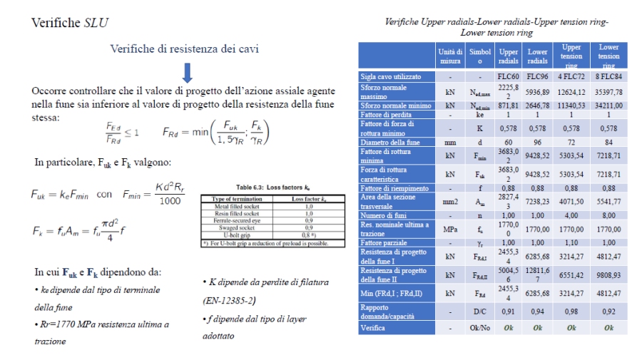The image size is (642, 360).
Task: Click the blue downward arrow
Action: [x=188, y=72]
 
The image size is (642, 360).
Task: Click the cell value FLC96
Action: [x=537, y=76]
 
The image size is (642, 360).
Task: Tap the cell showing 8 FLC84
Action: [x=608, y=76]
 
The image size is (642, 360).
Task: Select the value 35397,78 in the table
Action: [x=608, y=91]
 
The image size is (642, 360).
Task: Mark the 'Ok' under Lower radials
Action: [x=537, y=328]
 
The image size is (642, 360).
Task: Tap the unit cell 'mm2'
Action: [x=450, y=202]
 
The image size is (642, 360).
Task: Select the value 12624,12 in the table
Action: [x=571, y=91]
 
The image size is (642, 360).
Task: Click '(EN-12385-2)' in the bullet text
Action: [x=230, y=300]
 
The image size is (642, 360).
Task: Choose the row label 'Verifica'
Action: [x=372, y=328]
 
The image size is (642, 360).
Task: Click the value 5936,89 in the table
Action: [x=537, y=91]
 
